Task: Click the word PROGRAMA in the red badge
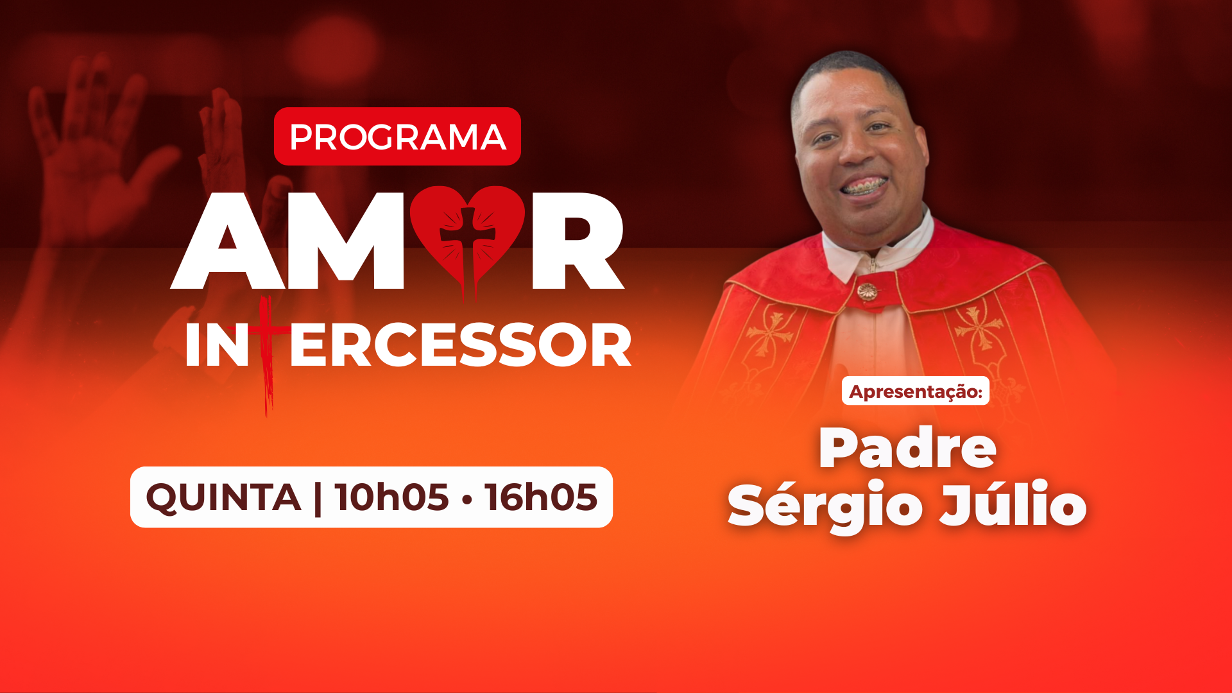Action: [398, 137]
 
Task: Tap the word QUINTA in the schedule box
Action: [223, 498]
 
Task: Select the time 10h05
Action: [391, 497]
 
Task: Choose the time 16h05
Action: [541, 497]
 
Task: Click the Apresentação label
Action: [916, 391]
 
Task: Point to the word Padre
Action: [907, 448]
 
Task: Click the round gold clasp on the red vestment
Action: [867, 292]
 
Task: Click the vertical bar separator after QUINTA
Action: [318, 498]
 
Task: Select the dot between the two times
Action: [466, 499]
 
